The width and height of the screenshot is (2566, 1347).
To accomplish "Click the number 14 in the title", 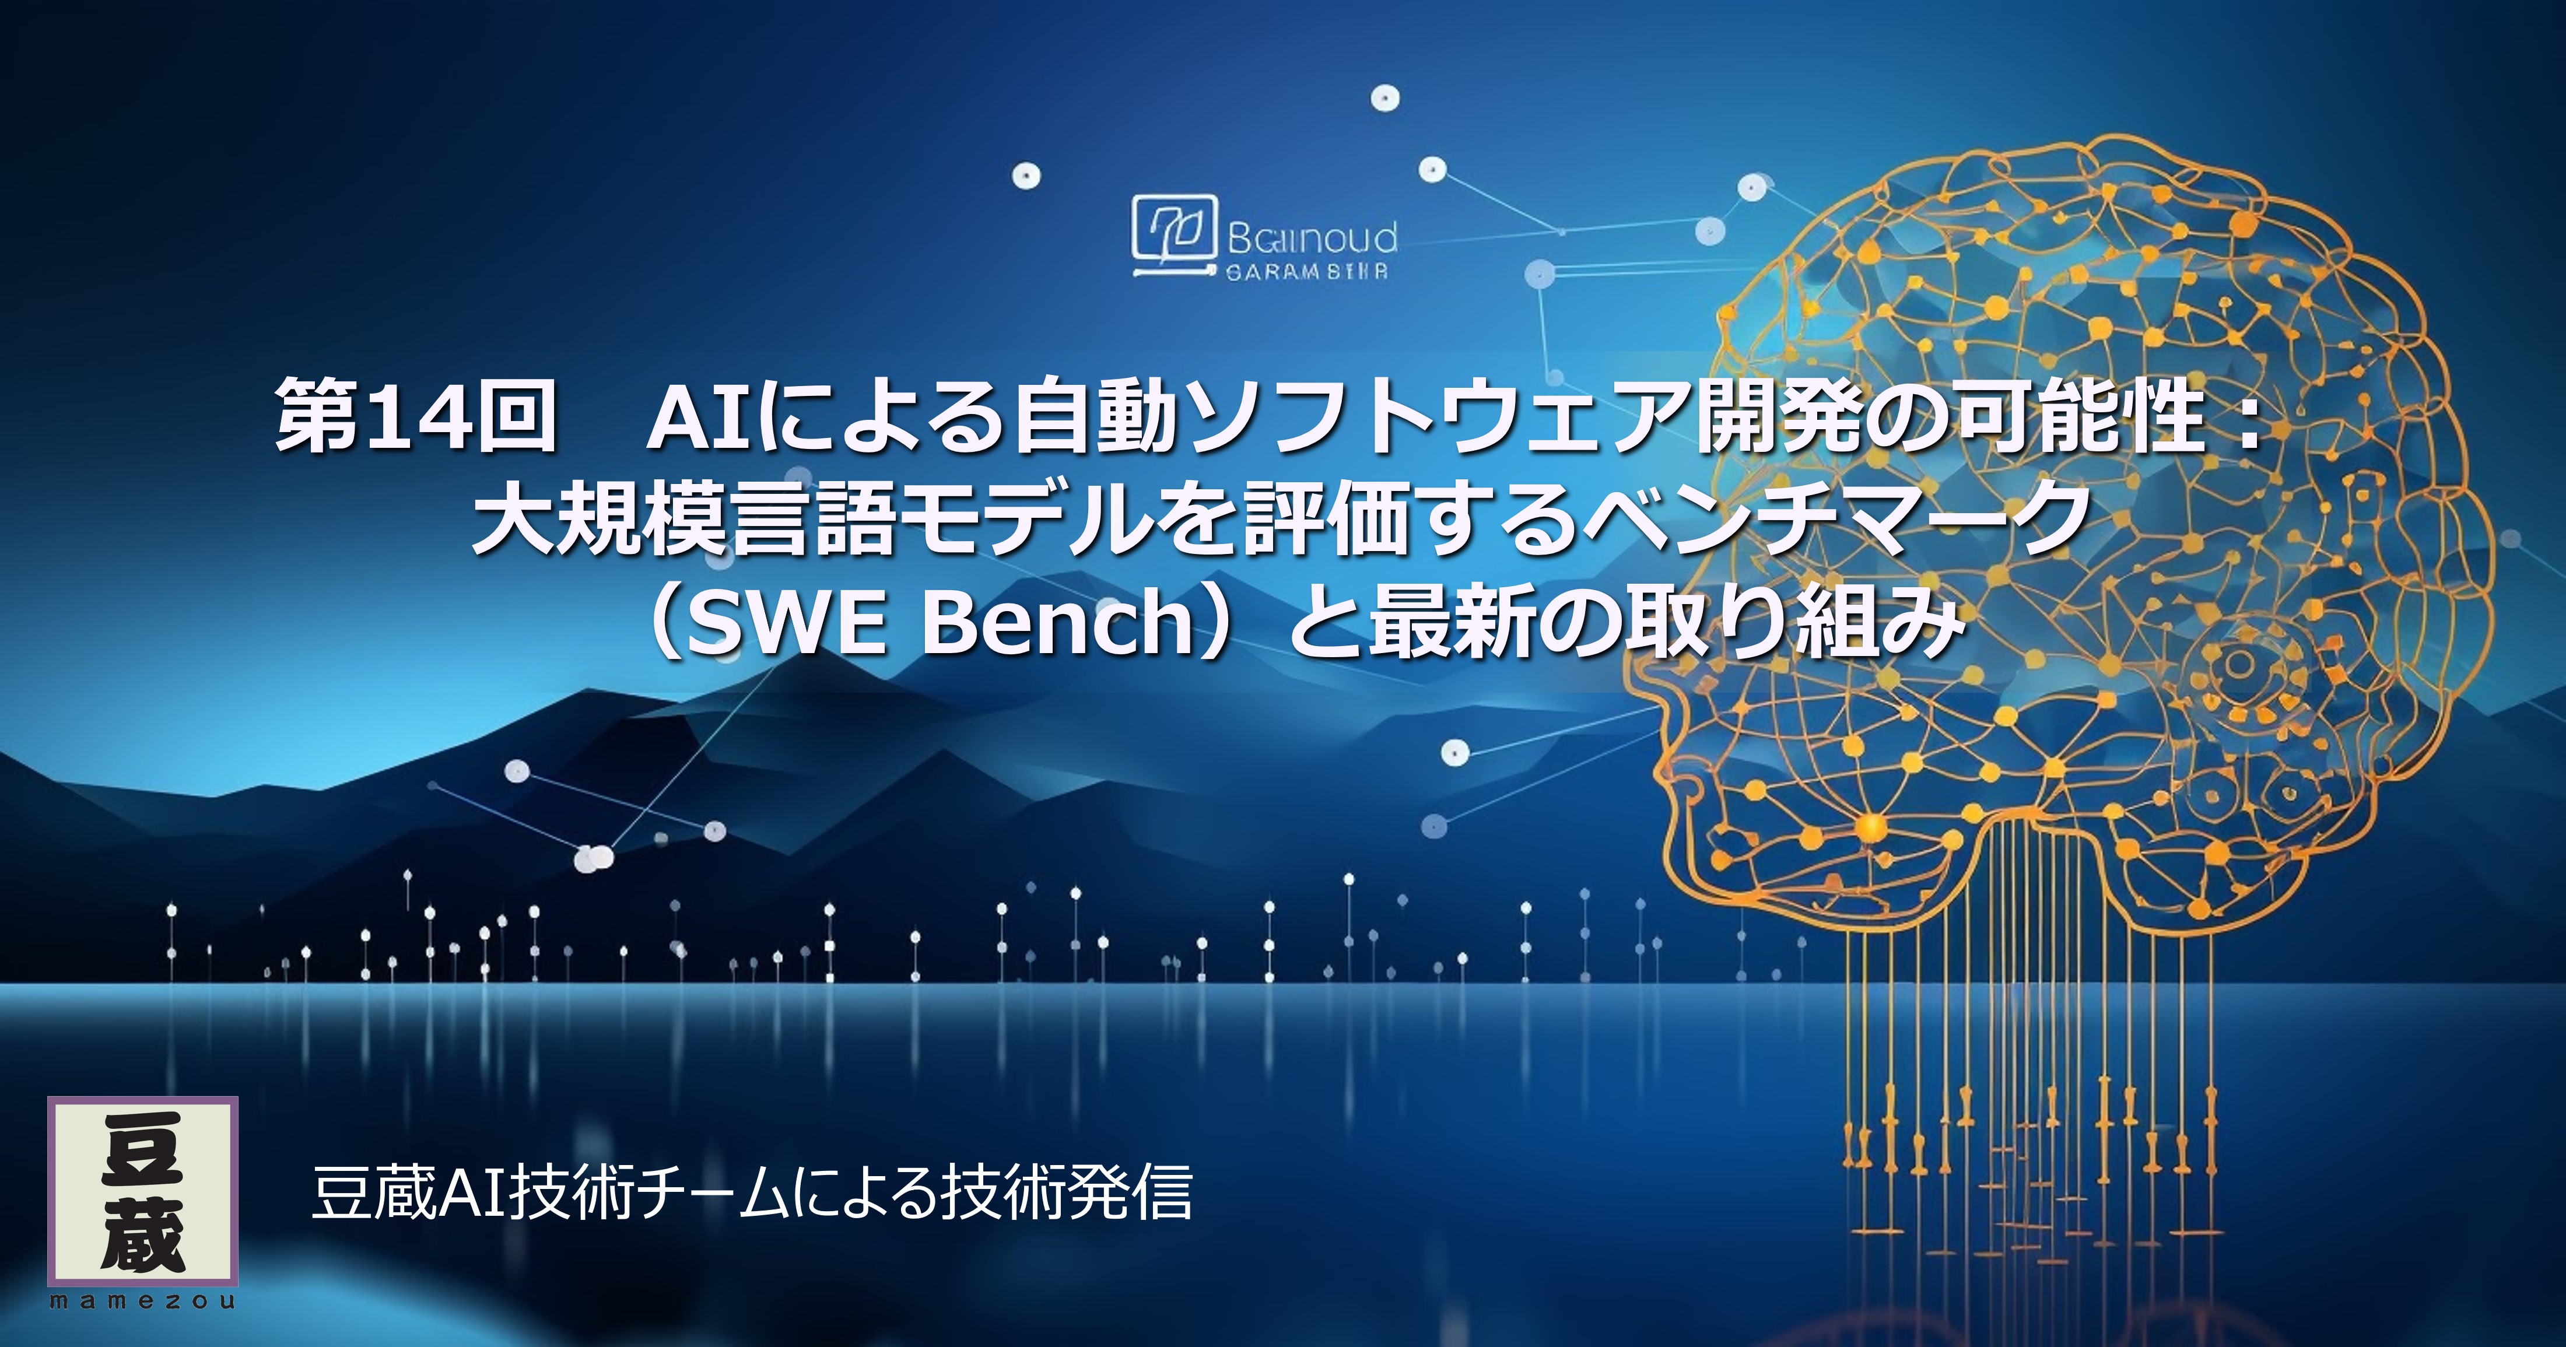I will click(x=418, y=415).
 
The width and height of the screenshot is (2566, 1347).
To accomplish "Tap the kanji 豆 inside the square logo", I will click(x=142, y=1150).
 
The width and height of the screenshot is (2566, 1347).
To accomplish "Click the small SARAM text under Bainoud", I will click(x=1306, y=272).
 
